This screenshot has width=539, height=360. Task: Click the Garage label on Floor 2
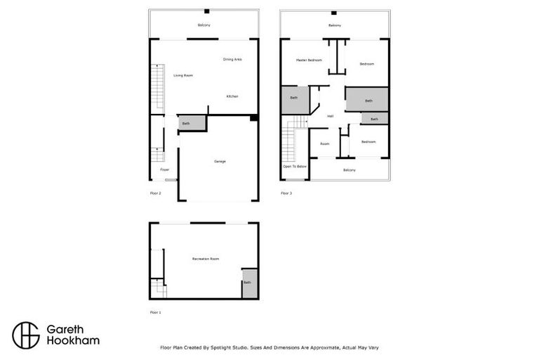coord(220,161)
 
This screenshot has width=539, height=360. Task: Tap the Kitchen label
coord(232,96)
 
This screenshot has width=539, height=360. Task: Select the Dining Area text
coord(232,59)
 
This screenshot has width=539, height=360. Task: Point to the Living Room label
coord(183,75)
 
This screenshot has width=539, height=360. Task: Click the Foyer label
coord(164,169)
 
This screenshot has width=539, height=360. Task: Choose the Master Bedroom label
coord(309,60)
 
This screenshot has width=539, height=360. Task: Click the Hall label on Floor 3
coord(330,116)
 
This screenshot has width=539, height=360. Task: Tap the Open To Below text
coord(295,167)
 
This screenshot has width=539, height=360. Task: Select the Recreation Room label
coord(206,259)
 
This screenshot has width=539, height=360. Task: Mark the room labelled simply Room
coord(324,143)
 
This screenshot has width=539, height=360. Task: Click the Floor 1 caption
coord(155,311)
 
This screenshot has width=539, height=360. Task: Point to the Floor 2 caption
coord(155,193)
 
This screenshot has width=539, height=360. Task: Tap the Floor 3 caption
coord(286,193)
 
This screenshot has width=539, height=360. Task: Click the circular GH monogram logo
coord(26,335)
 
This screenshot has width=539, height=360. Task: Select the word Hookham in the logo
coord(73,341)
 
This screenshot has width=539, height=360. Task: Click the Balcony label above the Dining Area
coord(204,25)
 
